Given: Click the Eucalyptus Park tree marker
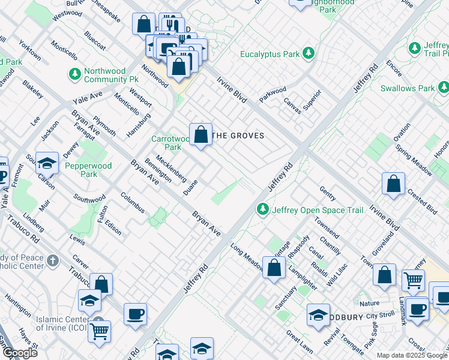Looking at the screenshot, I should [309, 54].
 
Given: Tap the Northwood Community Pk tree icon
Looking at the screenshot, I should [75, 74].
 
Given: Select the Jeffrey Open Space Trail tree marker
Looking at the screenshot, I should [262, 209].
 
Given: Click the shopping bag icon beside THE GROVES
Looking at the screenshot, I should [201, 135].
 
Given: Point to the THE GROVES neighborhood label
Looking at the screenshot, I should [239, 136].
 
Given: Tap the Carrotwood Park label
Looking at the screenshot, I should [166, 143].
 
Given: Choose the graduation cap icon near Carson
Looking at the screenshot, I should [46, 163].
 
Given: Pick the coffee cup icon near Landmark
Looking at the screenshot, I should [417, 309].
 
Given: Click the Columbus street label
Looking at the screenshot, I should [132, 202].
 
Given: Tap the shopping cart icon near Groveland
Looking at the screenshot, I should [412, 280].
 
